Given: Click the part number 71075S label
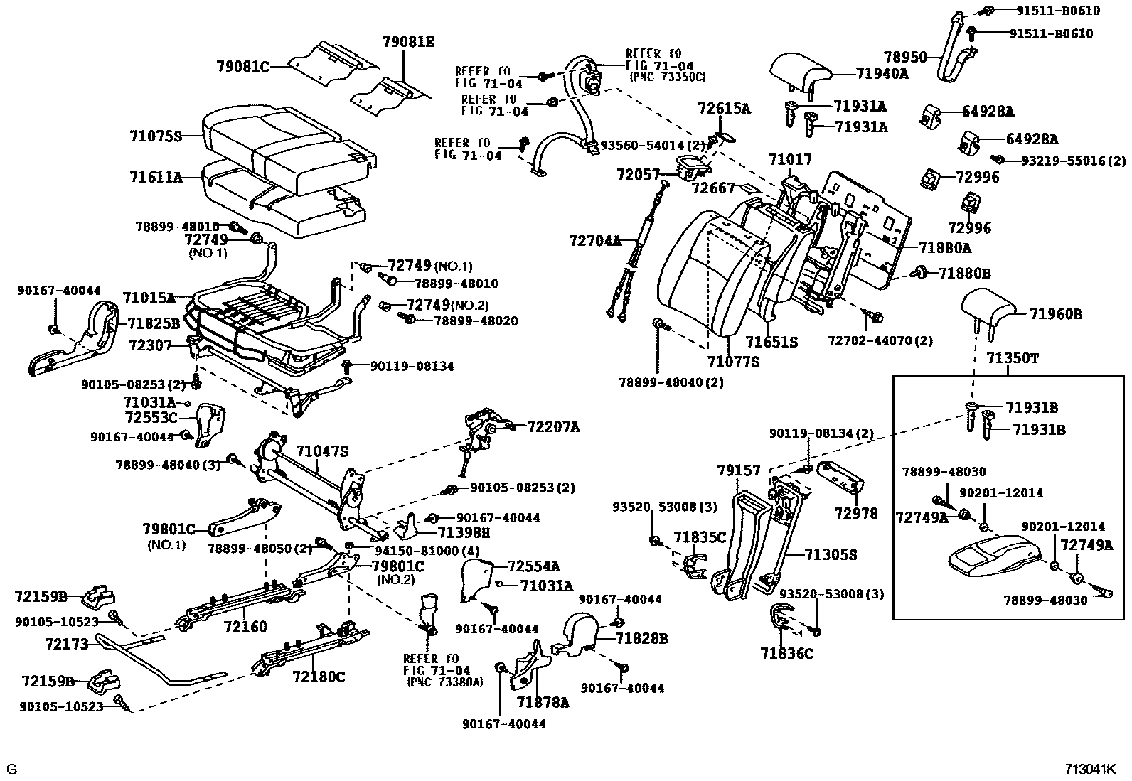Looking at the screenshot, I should pyautogui.click(x=156, y=136).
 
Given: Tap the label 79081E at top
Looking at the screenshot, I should pyautogui.click(x=407, y=41).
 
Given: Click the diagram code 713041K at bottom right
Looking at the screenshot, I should pyautogui.click(x=1091, y=769).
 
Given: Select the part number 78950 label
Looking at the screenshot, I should pyautogui.click(x=905, y=57).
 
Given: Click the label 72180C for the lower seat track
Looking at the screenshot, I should pyautogui.click(x=318, y=677).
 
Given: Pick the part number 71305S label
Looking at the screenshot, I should pyautogui.click(x=831, y=555).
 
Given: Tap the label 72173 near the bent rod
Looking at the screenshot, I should pyautogui.click(x=66, y=645).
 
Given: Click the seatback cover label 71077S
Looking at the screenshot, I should pyautogui.click(x=733, y=362).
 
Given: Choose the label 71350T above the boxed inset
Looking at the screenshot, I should pyautogui.click(x=1012, y=358).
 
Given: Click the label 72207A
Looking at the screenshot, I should pyautogui.click(x=553, y=427).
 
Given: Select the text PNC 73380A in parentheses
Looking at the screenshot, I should pyautogui.click(x=444, y=682).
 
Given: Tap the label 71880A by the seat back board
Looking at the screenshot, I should pyautogui.click(x=944, y=247).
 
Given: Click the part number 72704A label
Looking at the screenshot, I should pyautogui.click(x=595, y=241).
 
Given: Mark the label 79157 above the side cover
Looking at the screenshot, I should pyautogui.click(x=738, y=470).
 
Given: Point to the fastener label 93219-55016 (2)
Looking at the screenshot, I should pyautogui.click(x=1074, y=161).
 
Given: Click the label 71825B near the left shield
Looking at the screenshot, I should pyautogui.click(x=154, y=324).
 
